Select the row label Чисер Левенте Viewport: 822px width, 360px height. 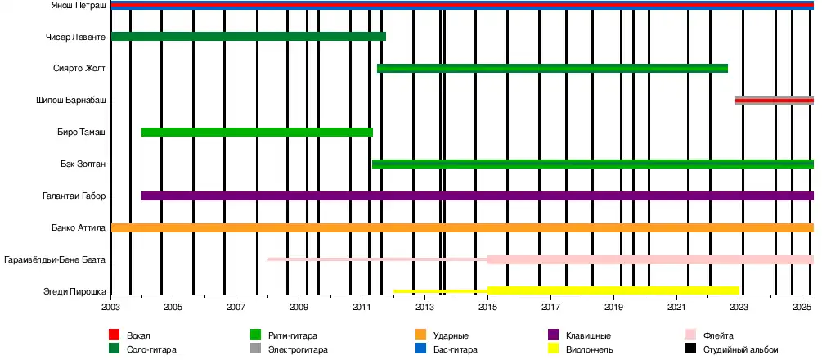[x=76, y=37]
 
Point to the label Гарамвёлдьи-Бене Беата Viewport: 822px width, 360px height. [x=55, y=259]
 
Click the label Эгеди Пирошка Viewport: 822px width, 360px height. [x=74, y=291]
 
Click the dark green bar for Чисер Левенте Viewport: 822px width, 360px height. [x=248, y=36]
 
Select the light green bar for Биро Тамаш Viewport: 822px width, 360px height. [x=257, y=132]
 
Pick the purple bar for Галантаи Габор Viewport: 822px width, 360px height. [x=477, y=196]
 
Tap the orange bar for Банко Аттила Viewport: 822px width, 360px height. [x=462, y=227]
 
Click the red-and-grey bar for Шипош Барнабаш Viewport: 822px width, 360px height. [x=774, y=100]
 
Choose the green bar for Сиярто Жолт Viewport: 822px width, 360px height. [x=552, y=68]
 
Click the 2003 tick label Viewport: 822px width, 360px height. [x=110, y=306]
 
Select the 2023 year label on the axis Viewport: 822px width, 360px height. [x=739, y=306]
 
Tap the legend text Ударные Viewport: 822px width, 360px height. [x=451, y=335]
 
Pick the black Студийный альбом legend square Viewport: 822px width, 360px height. [x=690, y=349]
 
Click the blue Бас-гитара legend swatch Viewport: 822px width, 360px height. [x=420, y=349]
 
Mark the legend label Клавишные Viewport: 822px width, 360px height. [x=586, y=335]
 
